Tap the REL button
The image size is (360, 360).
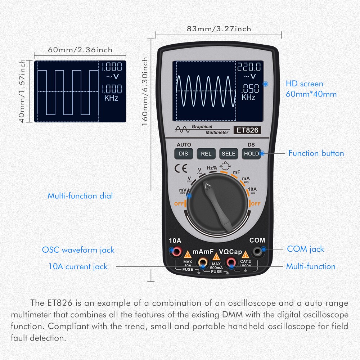206,154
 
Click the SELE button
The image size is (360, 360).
229,154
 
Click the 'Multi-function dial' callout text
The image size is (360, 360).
80,196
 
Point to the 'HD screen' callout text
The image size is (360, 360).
305,84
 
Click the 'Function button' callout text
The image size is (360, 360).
316,153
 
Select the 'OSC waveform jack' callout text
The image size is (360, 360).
78,250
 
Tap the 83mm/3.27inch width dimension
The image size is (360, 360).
219,29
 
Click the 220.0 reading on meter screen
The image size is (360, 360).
248,67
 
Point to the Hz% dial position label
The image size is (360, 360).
212,168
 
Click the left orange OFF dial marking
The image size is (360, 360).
179,204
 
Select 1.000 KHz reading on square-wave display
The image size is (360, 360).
111,92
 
